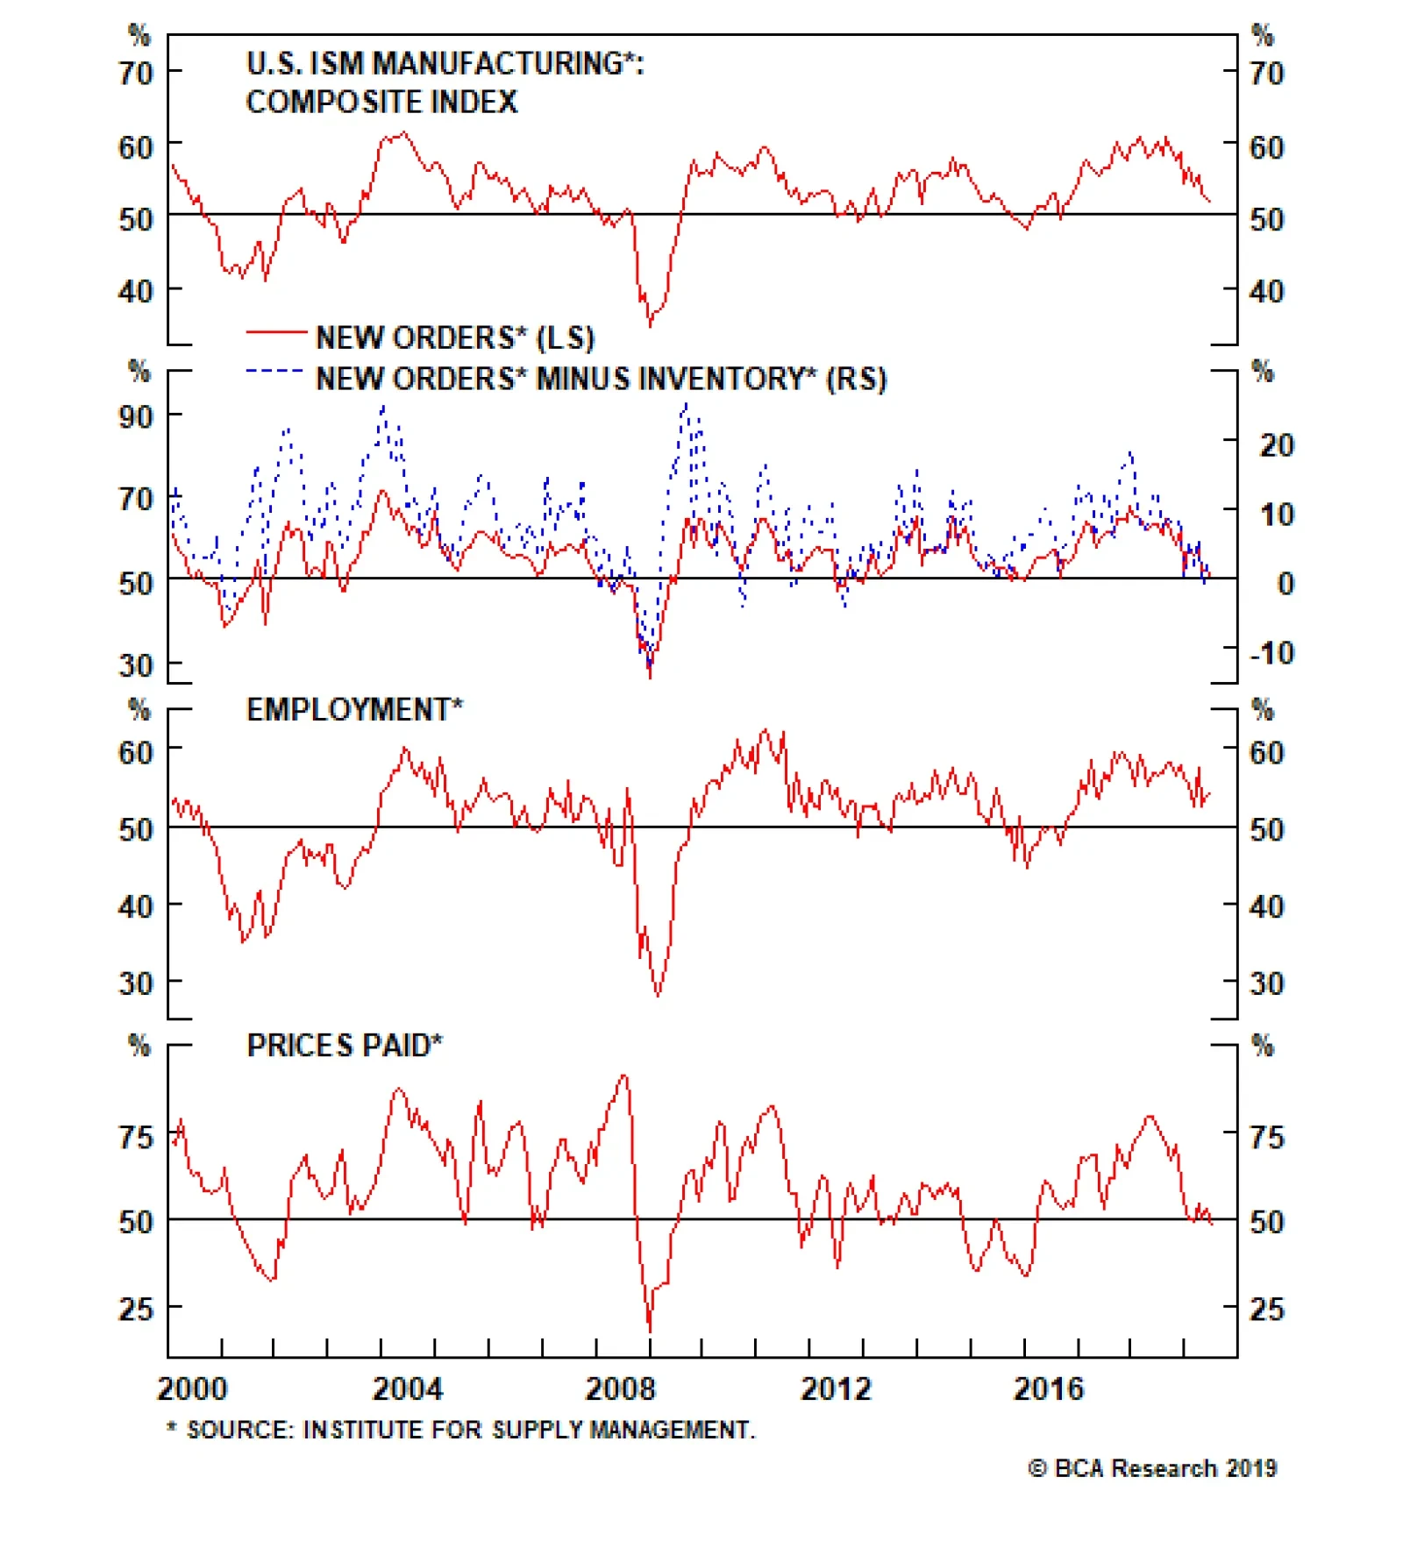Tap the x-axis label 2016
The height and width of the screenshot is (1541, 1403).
(x=1048, y=1389)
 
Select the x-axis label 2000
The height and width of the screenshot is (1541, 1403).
(x=191, y=1389)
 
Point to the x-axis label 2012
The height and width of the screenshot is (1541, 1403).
(x=835, y=1389)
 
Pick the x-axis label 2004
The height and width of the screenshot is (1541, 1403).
(x=407, y=1389)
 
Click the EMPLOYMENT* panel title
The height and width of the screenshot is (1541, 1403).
(x=354, y=710)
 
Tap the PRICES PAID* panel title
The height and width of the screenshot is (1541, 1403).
(x=344, y=1046)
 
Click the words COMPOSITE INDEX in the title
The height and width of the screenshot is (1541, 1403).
(x=381, y=103)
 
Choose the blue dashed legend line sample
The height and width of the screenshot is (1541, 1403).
(x=275, y=372)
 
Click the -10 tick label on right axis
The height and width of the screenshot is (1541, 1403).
(x=1271, y=653)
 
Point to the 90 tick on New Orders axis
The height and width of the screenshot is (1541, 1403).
(x=136, y=416)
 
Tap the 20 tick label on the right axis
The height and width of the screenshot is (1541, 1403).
(x=1276, y=445)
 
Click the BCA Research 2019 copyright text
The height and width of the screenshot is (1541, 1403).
(x=1152, y=1468)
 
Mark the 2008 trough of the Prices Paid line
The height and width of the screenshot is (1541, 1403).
(x=650, y=1331)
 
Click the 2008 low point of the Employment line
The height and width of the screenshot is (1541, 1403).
(x=658, y=996)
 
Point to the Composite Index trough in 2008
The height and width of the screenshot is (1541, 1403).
(x=650, y=326)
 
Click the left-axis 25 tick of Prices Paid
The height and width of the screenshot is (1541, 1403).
(x=136, y=1309)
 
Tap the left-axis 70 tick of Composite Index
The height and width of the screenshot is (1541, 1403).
(x=136, y=73)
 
